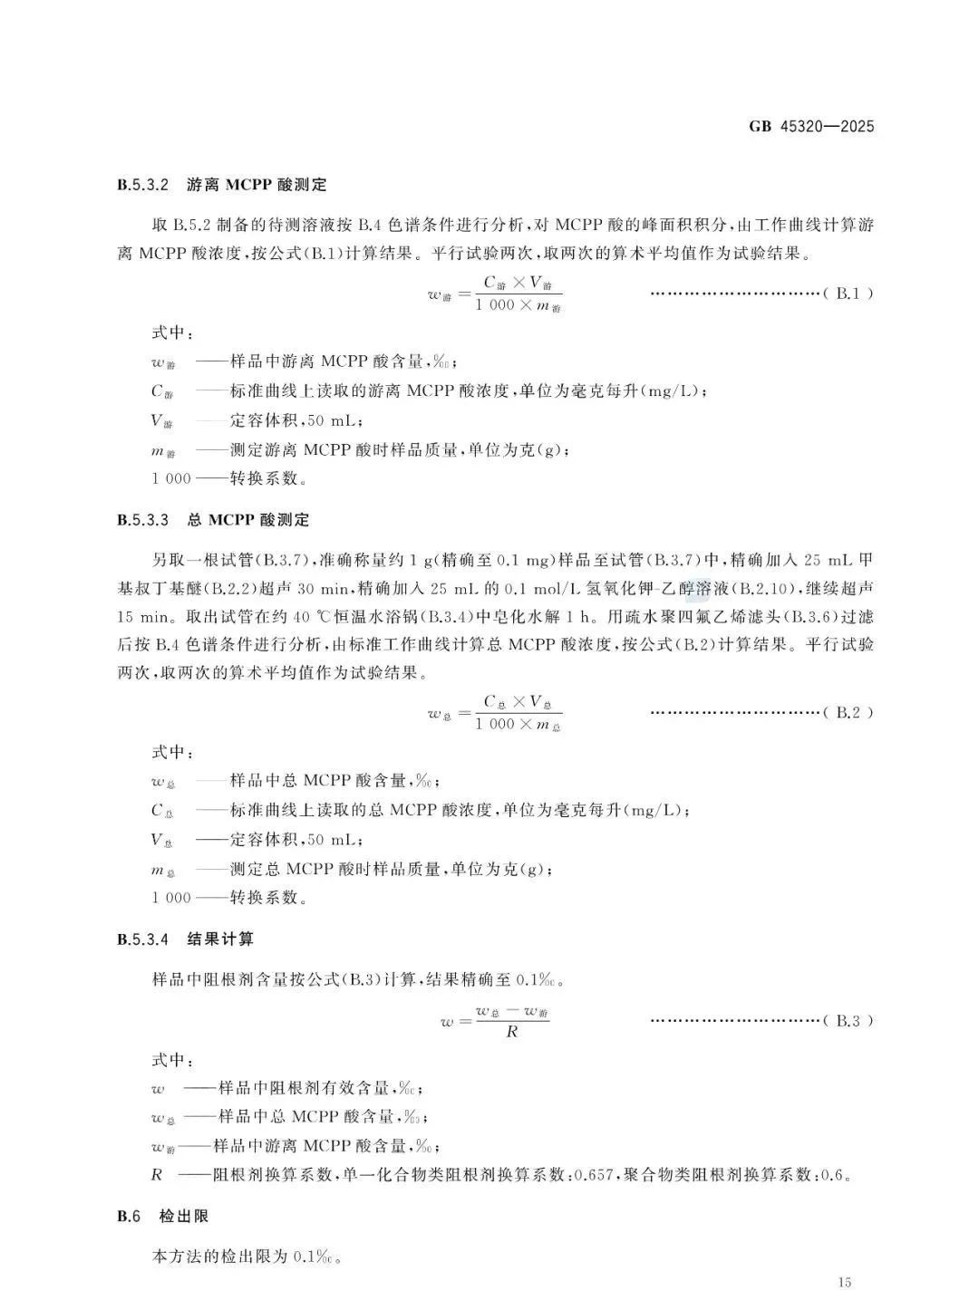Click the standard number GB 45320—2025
coord(811,127)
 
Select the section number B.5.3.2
coord(143,185)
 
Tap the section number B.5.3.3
coord(143,520)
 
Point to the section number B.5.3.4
coord(143,939)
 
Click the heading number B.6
coord(129,1216)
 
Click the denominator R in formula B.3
coord(512,1032)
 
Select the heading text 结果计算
coord(214,939)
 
